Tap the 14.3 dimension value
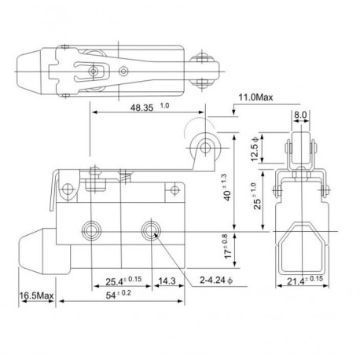click(166, 280)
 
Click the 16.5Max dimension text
click(35, 296)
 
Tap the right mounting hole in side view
click(149, 230)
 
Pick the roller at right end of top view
click(206, 72)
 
